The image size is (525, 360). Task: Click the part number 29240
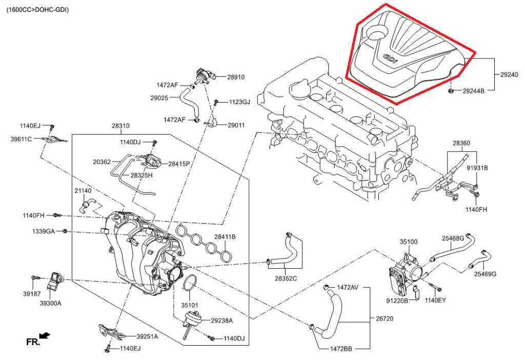point(510,75)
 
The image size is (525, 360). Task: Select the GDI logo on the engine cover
point(391,59)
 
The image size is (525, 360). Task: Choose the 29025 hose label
point(160,97)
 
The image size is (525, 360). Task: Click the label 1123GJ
point(239,102)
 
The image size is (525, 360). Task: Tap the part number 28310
point(120,125)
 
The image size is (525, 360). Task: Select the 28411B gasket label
point(225,236)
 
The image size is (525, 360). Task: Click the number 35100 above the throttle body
point(408,242)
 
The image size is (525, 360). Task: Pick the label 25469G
point(484,274)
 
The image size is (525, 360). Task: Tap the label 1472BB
point(340,348)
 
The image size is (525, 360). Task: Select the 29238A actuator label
point(221,321)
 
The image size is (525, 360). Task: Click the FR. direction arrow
point(45,335)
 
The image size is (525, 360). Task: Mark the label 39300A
point(51,303)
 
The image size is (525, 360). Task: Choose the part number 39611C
point(21,139)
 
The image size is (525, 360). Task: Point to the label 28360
point(461,143)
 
